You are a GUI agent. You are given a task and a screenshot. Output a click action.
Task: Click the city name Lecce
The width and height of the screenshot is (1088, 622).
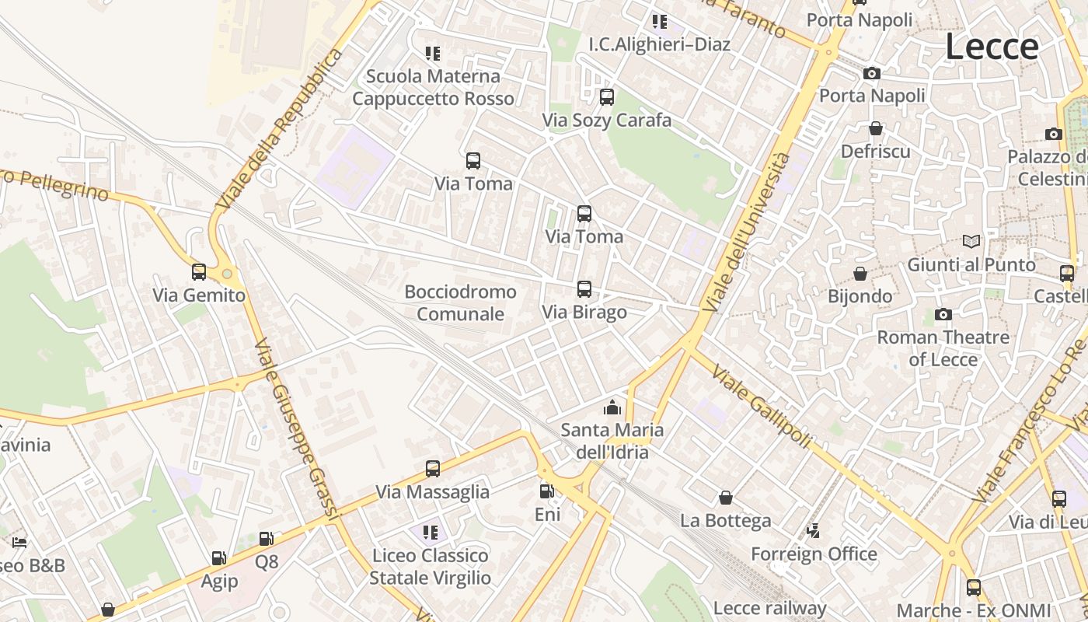[x=992, y=47]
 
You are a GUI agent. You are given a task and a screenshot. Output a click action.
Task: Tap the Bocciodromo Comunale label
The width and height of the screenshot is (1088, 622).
[x=460, y=303]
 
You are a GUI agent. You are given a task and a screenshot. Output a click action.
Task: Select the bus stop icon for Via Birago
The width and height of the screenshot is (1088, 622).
[x=584, y=289]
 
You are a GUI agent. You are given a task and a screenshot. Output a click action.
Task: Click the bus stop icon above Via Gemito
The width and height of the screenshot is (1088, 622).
[x=199, y=272]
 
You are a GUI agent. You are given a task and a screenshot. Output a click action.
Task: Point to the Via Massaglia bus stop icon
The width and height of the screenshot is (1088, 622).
[x=433, y=469]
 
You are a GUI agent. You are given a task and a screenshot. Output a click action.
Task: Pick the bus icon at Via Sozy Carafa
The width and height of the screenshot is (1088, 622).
[x=607, y=97]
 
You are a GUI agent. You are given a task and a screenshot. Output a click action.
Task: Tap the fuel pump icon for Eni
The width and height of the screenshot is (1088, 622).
[x=547, y=491]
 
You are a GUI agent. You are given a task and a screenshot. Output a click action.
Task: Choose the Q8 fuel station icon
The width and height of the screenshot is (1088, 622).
[x=266, y=539]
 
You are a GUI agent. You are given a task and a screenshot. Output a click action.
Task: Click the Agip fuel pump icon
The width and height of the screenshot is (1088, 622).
[x=219, y=558]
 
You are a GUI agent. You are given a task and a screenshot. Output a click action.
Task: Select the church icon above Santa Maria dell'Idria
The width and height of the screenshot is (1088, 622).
[x=612, y=407]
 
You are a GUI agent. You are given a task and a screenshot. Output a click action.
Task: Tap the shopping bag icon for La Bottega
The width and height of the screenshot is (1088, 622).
[x=726, y=498]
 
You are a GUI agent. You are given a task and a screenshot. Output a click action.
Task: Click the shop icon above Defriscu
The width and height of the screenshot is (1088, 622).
[x=876, y=128]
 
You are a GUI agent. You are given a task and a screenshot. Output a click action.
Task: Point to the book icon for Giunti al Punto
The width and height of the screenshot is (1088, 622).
[x=971, y=241]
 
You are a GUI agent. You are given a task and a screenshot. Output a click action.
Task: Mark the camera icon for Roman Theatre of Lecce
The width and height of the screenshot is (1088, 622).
[x=943, y=314]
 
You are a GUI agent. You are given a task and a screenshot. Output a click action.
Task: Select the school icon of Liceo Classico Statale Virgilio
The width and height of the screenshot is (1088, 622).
[x=431, y=533]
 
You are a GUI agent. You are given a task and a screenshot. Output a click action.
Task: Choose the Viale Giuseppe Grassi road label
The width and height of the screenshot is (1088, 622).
[x=298, y=428]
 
